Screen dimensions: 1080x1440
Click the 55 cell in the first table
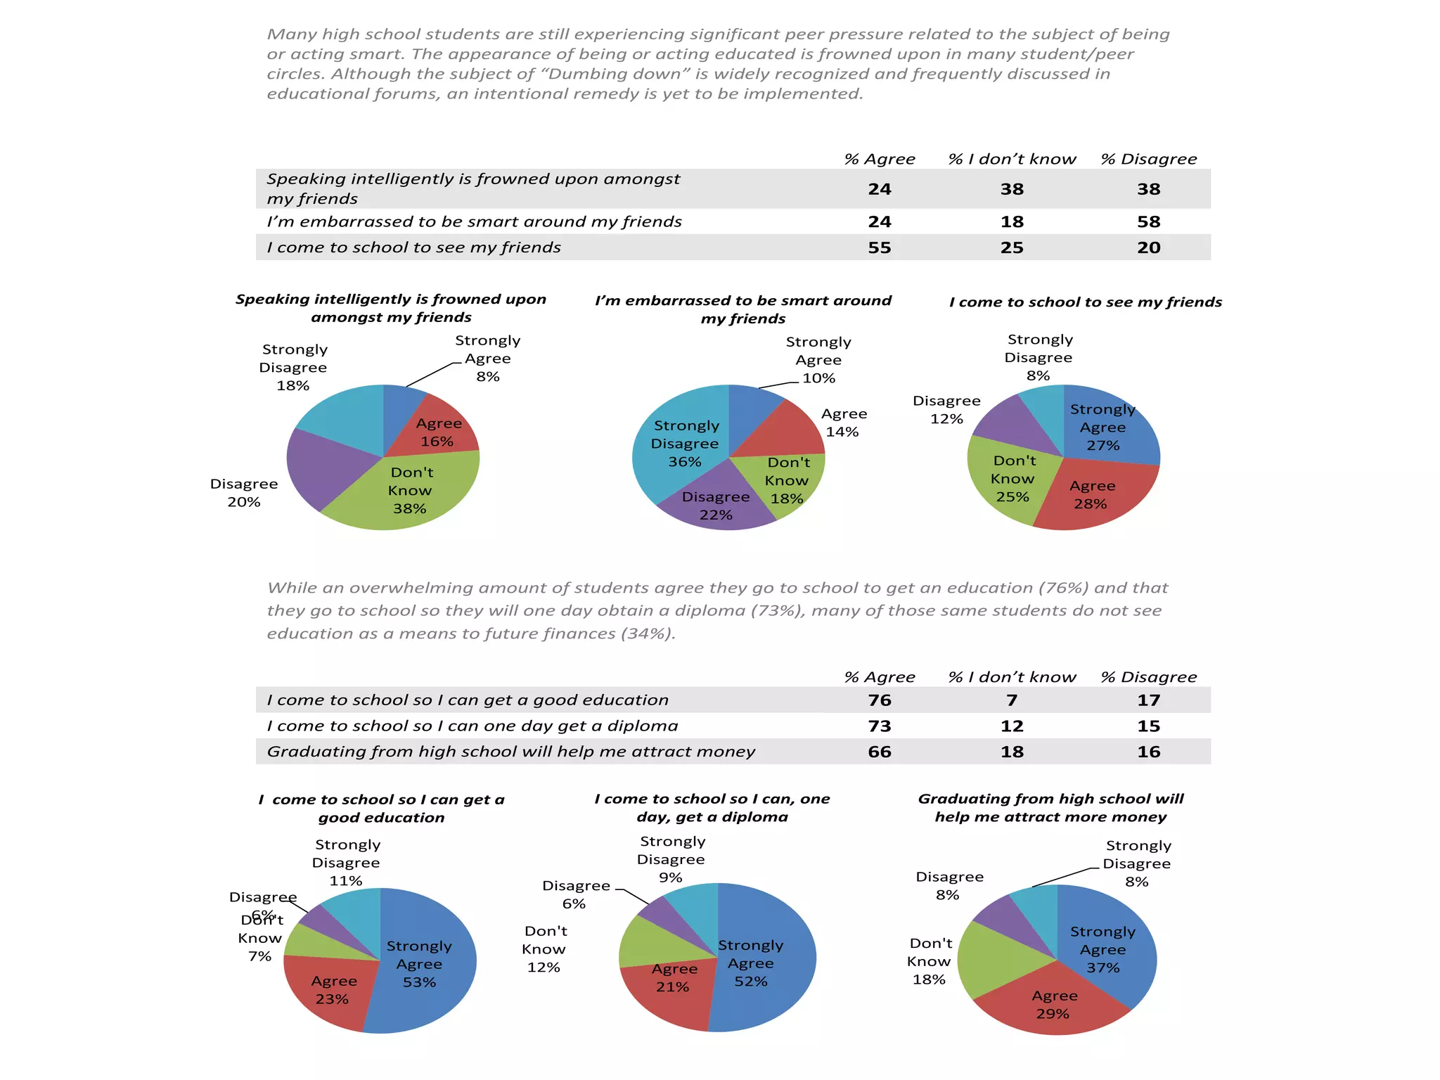click(879, 247)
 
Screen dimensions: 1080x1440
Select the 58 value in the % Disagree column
click(1148, 222)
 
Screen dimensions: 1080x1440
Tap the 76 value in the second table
click(879, 700)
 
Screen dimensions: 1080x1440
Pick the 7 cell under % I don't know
click(1011, 700)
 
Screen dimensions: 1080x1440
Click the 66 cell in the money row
click(879, 752)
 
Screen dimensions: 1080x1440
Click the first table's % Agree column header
click(879, 160)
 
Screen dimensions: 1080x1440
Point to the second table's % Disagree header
click(1148, 677)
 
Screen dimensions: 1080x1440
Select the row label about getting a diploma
click(472, 726)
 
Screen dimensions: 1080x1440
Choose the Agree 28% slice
click(1091, 495)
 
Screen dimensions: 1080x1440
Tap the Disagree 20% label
click(244, 493)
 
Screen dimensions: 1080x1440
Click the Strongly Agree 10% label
click(818, 360)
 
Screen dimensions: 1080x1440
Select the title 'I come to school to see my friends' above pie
click(1085, 302)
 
